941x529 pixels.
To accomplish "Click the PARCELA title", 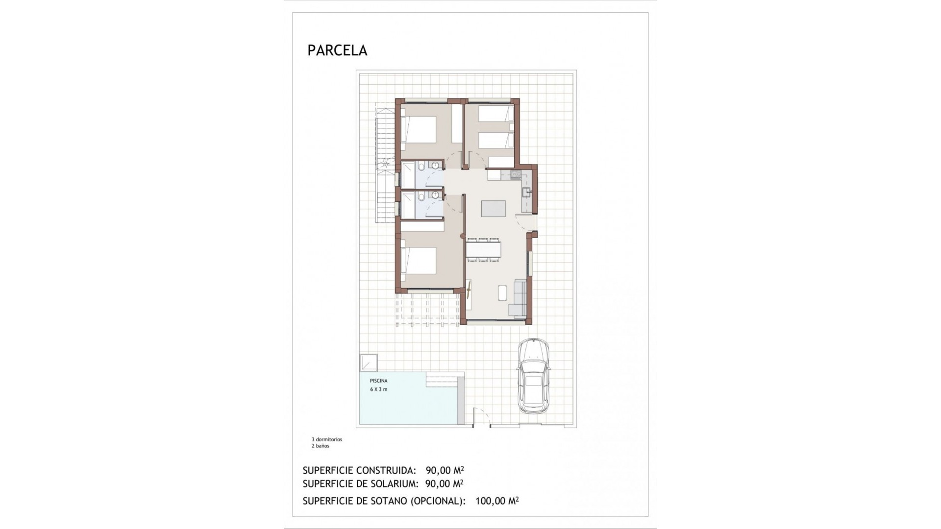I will [x=337, y=50].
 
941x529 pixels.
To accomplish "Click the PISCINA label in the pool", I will [x=379, y=381].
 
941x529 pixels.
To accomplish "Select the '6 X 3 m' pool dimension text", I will [x=379, y=389].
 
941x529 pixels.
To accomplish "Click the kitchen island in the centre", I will [x=493, y=209].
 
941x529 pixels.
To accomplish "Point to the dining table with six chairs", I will [x=483, y=250].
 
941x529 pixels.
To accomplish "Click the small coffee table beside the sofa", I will [x=503, y=292].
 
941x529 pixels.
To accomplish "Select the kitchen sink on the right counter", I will [x=526, y=192].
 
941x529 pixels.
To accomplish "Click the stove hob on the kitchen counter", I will [x=515, y=174].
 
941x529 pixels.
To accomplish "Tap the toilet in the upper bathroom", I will [x=421, y=167].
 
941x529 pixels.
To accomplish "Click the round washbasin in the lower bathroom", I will [x=435, y=194].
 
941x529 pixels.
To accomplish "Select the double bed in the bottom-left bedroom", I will [x=419, y=261].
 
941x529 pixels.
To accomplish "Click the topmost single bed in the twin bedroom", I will [x=496, y=114].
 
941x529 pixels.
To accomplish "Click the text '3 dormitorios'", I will [x=327, y=439].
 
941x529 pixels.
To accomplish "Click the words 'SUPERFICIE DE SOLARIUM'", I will [x=360, y=484].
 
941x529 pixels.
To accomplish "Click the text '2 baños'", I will [x=321, y=446].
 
